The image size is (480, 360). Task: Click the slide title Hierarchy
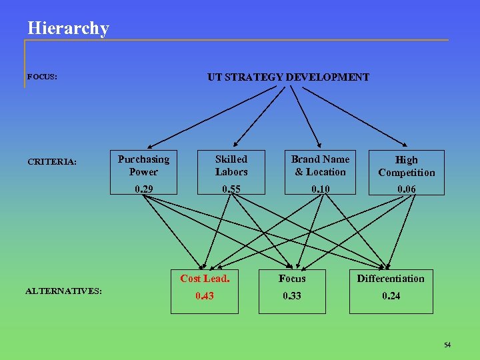pos(68,29)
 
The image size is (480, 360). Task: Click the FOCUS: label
pos(42,77)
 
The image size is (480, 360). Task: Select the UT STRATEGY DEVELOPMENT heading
pos(288,77)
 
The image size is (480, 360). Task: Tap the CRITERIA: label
pos(52,161)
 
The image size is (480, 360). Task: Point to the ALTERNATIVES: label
pos(63,290)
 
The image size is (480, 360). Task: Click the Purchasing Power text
pos(143,165)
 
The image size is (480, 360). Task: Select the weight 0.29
pos(143,189)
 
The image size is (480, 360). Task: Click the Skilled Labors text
pos(231,165)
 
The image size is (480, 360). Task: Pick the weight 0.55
pos(231,189)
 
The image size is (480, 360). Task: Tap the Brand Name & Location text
pos(320,165)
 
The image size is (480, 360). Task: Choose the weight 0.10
pos(320,189)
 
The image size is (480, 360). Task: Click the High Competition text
pos(406,166)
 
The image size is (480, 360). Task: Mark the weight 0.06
pos(406,189)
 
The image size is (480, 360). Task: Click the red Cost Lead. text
pos(205,279)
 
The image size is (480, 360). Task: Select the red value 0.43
pos(205,296)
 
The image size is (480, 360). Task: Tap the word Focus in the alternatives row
pos(292,279)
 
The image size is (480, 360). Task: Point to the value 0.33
pos(292,296)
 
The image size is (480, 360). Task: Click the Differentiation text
pos(391,279)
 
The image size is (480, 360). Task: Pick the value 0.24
pos(391,296)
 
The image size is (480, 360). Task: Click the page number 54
pos(447,345)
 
